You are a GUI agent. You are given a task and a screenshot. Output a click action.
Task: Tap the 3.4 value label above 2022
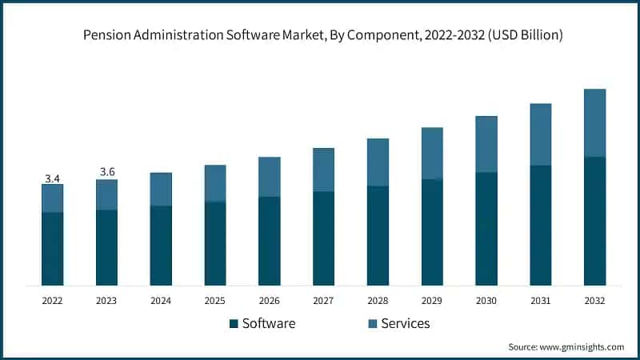pyautogui.click(x=52, y=178)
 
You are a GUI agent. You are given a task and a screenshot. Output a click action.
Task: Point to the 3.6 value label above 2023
pyautogui.click(x=106, y=172)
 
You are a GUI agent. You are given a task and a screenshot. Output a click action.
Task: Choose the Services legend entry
pyautogui.click(x=404, y=323)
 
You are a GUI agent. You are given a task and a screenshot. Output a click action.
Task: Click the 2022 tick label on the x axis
pyautogui.click(x=52, y=301)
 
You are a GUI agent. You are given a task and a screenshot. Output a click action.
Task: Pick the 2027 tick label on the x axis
pyautogui.click(x=323, y=301)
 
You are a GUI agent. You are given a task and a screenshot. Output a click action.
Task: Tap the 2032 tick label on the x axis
pyautogui.click(x=594, y=301)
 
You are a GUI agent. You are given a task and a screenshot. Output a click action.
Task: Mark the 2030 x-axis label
pyautogui.click(x=486, y=301)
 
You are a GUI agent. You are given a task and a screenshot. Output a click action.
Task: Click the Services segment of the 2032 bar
pyautogui.click(x=594, y=122)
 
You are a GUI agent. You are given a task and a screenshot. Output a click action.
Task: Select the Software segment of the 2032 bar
pyautogui.click(x=594, y=221)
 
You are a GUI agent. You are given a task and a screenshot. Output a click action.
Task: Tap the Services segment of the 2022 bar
pyautogui.click(x=52, y=198)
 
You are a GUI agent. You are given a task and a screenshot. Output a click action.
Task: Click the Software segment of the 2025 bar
pyautogui.click(x=215, y=243)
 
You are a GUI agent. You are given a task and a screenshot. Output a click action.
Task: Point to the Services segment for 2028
pyautogui.click(x=378, y=162)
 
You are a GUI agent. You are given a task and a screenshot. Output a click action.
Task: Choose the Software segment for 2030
pyautogui.click(x=486, y=229)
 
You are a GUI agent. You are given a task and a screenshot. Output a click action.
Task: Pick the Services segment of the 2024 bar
pyautogui.click(x=161, y=189)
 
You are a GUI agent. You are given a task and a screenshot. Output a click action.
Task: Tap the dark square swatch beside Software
pyautogui.click(x=234, y=324)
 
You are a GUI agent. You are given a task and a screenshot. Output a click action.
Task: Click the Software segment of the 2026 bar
pyautogui.click(x=270, y=241)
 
